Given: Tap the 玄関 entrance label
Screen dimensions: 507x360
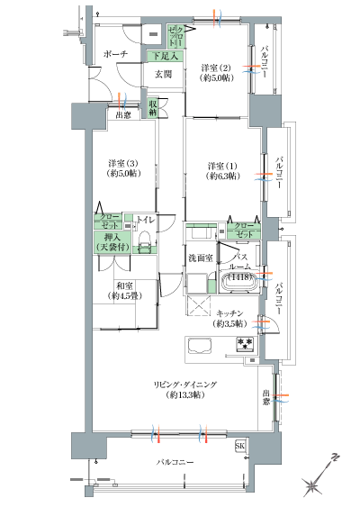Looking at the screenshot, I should tap(163, 75).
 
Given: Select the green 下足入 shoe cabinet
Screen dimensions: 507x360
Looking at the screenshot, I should tap(166, 56).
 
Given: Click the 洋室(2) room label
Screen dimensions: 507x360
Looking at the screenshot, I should tap(216, 73).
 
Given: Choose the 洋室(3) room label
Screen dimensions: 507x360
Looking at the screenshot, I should tap(121, 168).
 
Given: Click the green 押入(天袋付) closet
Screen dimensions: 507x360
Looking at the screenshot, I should tap(112, 242).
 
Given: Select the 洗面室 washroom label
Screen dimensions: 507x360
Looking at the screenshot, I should tap(200, 258).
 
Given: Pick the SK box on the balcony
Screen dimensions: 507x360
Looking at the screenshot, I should tap(240, 446).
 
